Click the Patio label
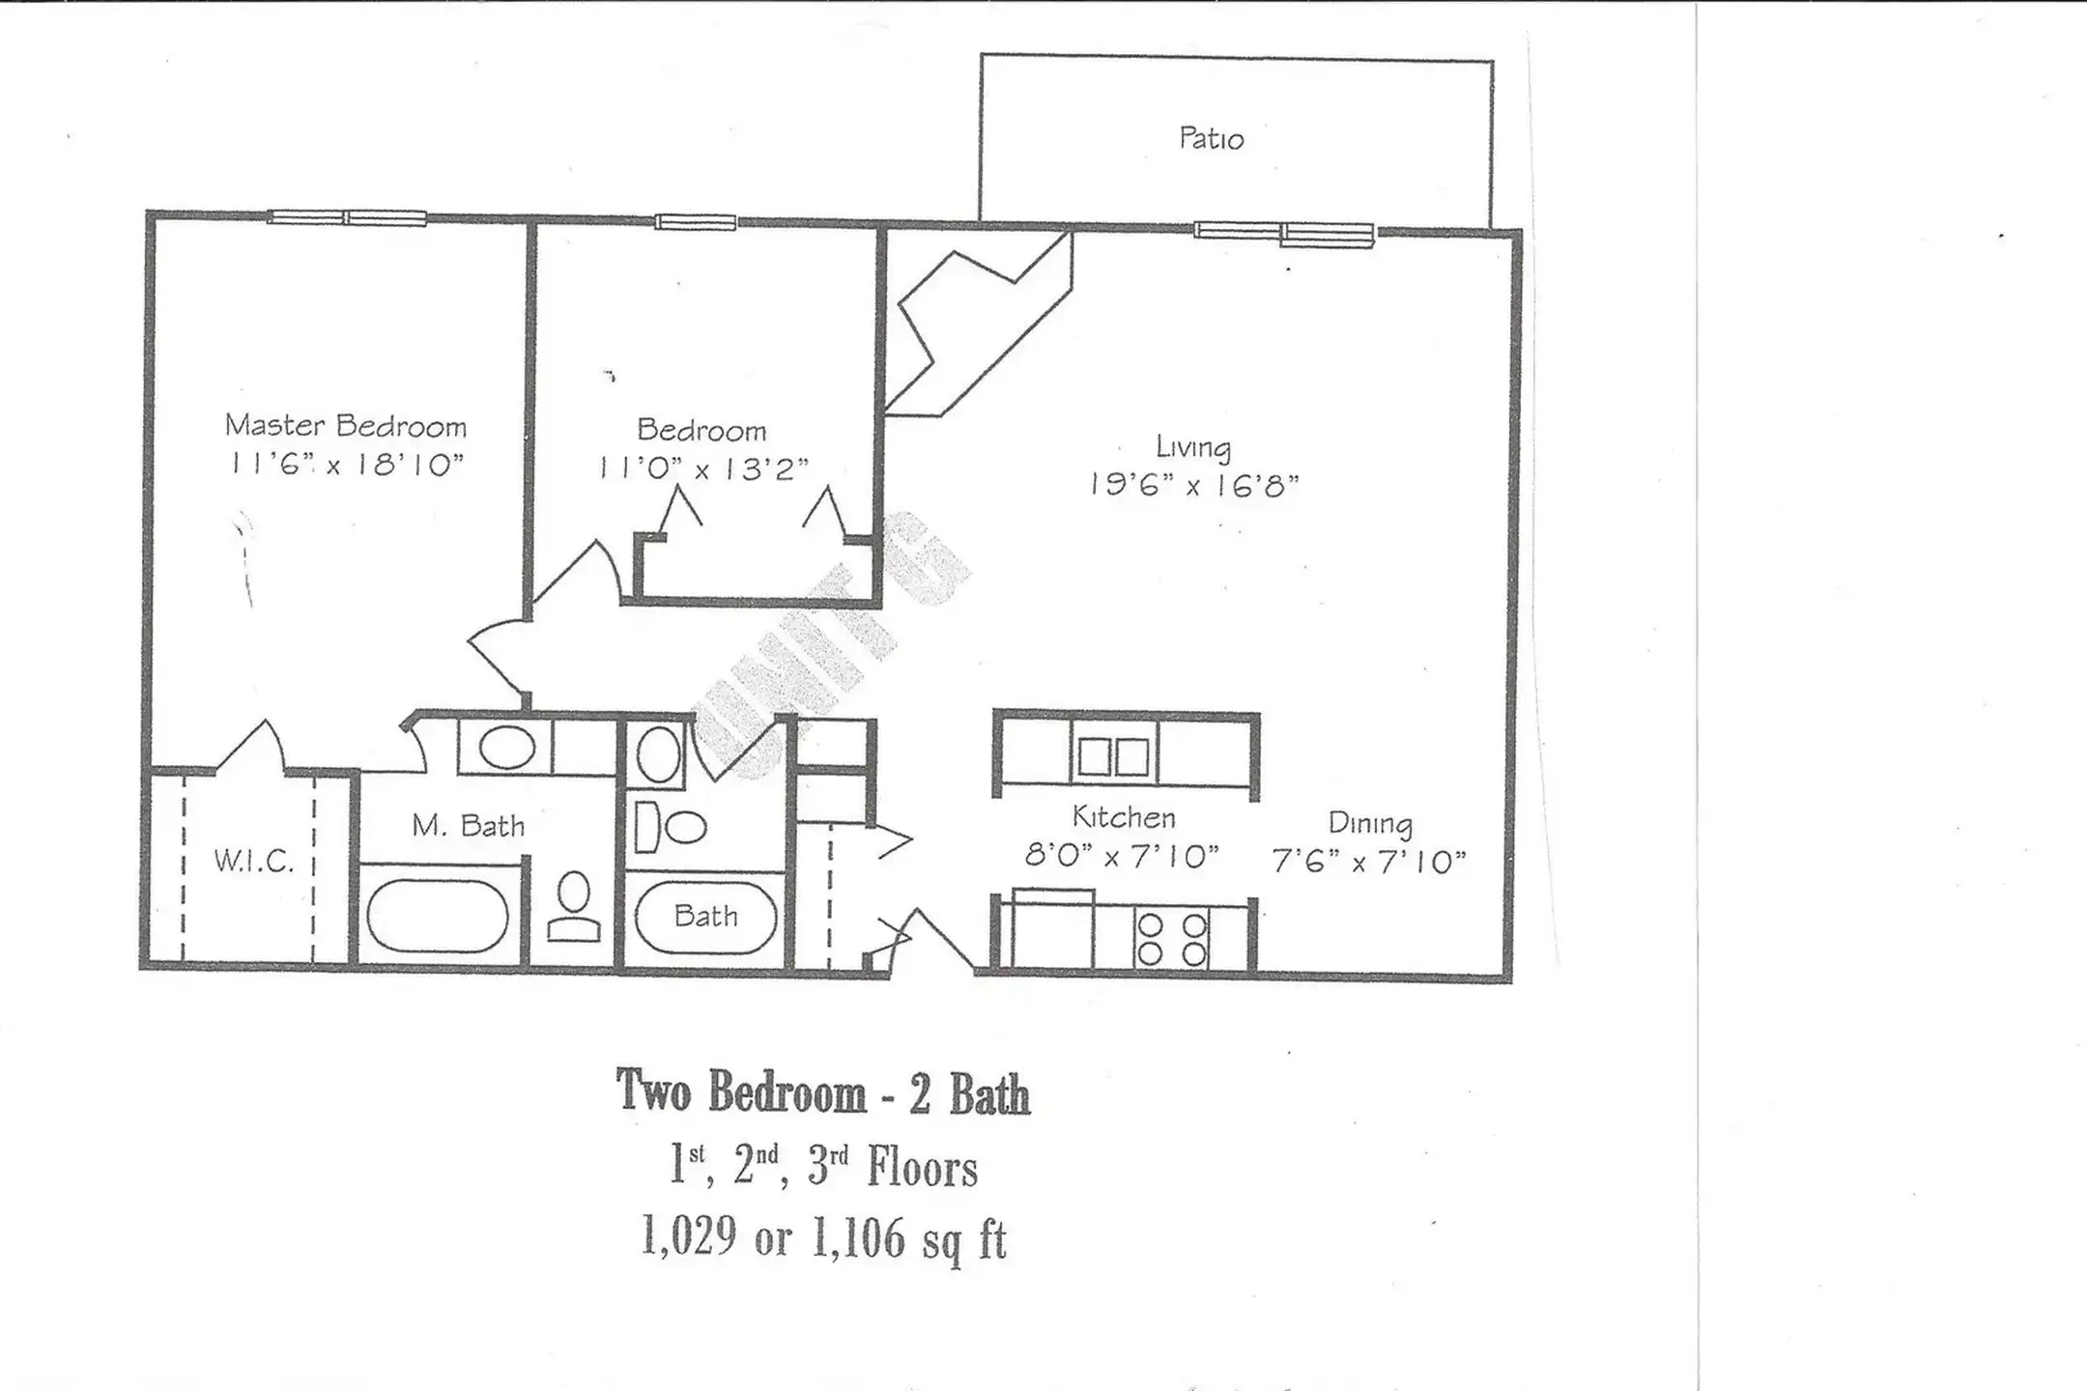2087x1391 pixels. pos(1211,138)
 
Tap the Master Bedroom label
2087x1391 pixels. pos(346,425)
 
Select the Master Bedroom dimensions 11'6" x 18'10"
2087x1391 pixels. pos(346,465)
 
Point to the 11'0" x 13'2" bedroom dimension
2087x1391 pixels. pos(702,468)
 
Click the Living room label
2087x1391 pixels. pos(1193,447)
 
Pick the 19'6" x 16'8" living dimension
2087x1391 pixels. pos(1193,484)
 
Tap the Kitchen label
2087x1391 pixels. pos(1124,817)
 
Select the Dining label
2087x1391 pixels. pos(1370,823)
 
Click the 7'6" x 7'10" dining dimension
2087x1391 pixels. pos(1369,861)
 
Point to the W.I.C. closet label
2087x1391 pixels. pos(254,861)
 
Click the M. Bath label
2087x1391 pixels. pos(469,826)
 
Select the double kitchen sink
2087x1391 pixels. pos(1114,756)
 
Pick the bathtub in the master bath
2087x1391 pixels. pos(438,915)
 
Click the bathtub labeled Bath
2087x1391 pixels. pos(705,916)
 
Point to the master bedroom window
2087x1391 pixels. pos(347,217)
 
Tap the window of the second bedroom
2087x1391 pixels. pos(696,222)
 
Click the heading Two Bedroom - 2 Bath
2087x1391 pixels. pos(823,1093)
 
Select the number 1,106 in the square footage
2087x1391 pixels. pos(859,1237)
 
